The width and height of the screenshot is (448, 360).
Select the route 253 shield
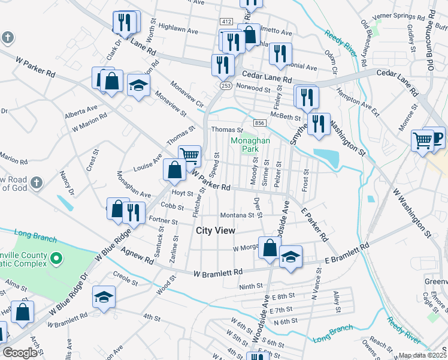click(225, 86)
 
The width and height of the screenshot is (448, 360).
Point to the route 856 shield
click(259, 123)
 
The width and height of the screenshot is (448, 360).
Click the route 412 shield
click(225, 22)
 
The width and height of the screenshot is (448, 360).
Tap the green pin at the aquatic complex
click(56, 259)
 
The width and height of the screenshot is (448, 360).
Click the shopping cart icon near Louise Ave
click(190, 156)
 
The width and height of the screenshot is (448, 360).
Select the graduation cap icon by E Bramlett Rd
click(290, 258)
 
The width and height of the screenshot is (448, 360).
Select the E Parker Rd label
click(315, 224)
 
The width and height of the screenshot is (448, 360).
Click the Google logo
click(20, 353)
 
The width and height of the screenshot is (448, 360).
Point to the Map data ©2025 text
click(422, 355)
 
